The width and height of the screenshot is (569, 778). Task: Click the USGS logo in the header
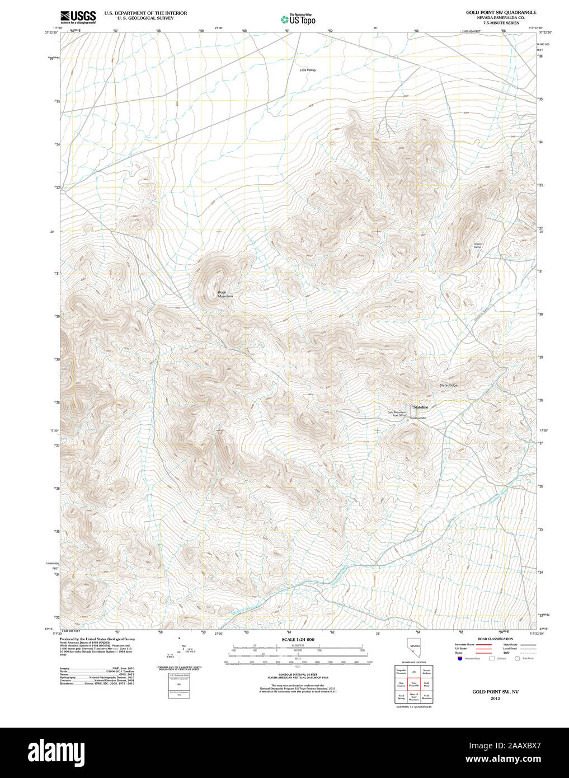click(78, 16)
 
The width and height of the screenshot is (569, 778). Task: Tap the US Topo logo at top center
click(298, 19)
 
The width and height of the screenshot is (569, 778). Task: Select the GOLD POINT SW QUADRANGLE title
click(501, 12)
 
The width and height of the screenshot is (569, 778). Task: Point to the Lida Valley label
click(307, 70)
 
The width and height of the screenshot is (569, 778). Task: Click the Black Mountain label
click(225, 294)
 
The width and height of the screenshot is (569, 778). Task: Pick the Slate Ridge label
click(448, 385)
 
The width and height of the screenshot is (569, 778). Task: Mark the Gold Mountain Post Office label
click(397, 414)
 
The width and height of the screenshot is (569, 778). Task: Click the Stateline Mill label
click(418, 418)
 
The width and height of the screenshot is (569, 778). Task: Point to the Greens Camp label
click(478, 246)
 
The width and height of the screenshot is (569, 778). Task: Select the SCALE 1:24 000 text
click(298, 639)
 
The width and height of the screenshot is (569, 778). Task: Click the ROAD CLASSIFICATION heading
click(495, 639)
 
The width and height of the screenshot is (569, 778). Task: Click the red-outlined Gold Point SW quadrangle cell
click(414, 684)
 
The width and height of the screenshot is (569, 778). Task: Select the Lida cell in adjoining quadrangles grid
click(414, 671)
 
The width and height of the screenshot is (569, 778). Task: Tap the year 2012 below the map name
click(495, 699)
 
